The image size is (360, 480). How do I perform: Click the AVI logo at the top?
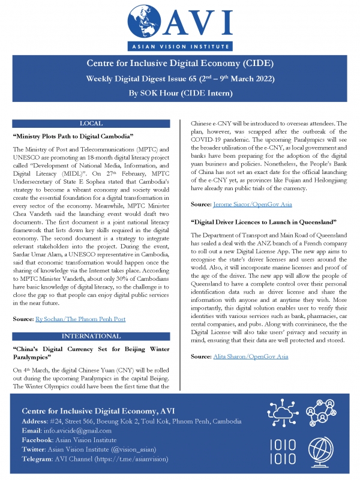pos(179,24)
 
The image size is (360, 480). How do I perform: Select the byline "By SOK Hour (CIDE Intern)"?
pos(179,93)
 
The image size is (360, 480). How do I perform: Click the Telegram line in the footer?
pos(95,458)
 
